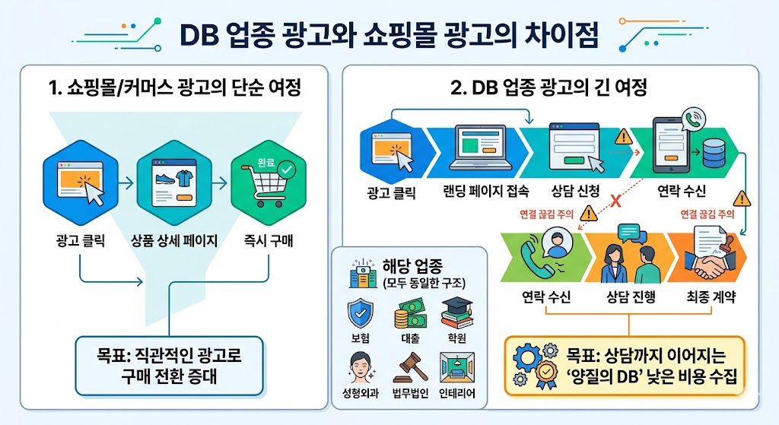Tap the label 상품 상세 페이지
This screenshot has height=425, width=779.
click(175, 242)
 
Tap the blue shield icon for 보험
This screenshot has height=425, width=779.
click(358, 313)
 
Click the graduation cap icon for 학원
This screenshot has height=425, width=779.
click(456, 312)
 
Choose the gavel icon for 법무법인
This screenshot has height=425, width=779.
click(407, 367)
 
